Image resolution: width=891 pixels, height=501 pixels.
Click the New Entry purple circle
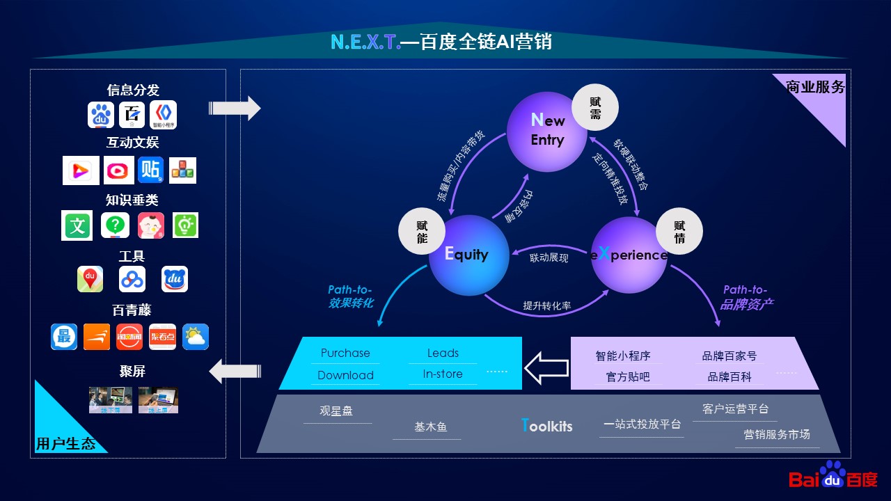click(546, 132)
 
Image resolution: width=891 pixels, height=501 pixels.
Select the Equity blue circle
click(466, 255)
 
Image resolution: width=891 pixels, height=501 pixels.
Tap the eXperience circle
click(629, 255)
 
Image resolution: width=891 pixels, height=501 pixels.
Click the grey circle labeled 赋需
click(595, 108)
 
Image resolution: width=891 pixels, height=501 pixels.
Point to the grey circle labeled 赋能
click(422, 232)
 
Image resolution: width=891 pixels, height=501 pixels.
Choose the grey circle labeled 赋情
click(679, 232)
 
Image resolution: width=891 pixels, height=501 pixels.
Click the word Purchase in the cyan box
click(345, 353)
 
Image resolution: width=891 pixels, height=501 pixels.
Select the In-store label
click(443, 374)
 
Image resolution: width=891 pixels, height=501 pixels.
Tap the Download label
click(345, 375)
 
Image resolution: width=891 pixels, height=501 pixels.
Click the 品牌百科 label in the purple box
click(730, 376)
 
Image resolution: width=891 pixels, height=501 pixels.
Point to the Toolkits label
click(546, 426)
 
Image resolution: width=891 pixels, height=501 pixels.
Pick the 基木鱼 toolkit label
click(430, 427)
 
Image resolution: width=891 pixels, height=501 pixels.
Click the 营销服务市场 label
click(777, 434)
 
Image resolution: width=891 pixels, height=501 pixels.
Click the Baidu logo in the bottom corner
click(833, 477)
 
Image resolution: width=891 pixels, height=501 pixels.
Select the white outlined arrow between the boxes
click(546, 368)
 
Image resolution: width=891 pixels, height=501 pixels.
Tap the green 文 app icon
click(77, 226)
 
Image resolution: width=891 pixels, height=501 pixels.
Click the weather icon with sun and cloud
click(196, 337)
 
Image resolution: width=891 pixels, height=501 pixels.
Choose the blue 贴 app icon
click(150, 170)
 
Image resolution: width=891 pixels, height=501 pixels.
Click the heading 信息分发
click(133, 90)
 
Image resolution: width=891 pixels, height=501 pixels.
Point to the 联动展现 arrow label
click(549, 258)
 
